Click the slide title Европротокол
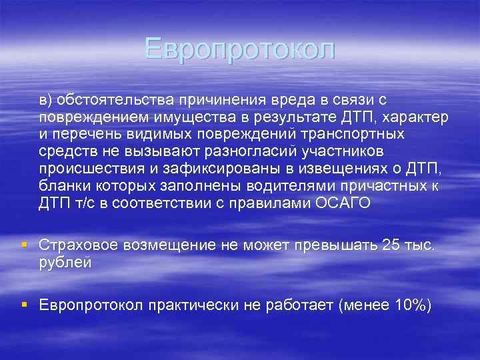coord(239,49)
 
